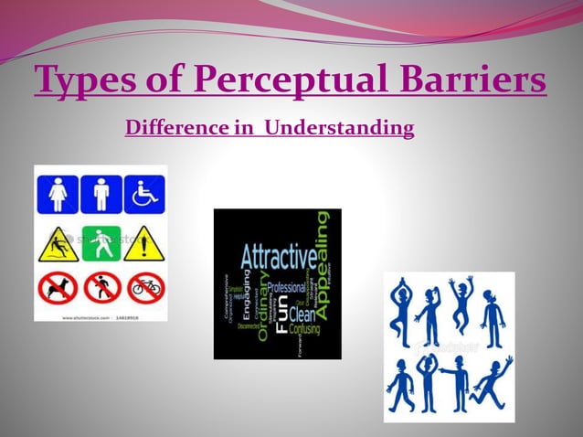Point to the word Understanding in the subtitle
click(x=339, y=128)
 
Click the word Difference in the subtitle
click(x=175, y=128)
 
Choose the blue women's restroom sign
click(x=58, y=195)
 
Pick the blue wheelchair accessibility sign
click(x=144, y=195)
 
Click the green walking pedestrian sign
click(x=101, y=242)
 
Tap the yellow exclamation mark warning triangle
click(x=144, y=244)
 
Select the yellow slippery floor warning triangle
click(x=58, y=244)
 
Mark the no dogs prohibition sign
click(x=58, y=288)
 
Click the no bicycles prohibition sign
click(x=144, y=288)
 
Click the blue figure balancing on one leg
click(x=402, y=312)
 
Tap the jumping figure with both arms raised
click(x=461, y=303)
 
